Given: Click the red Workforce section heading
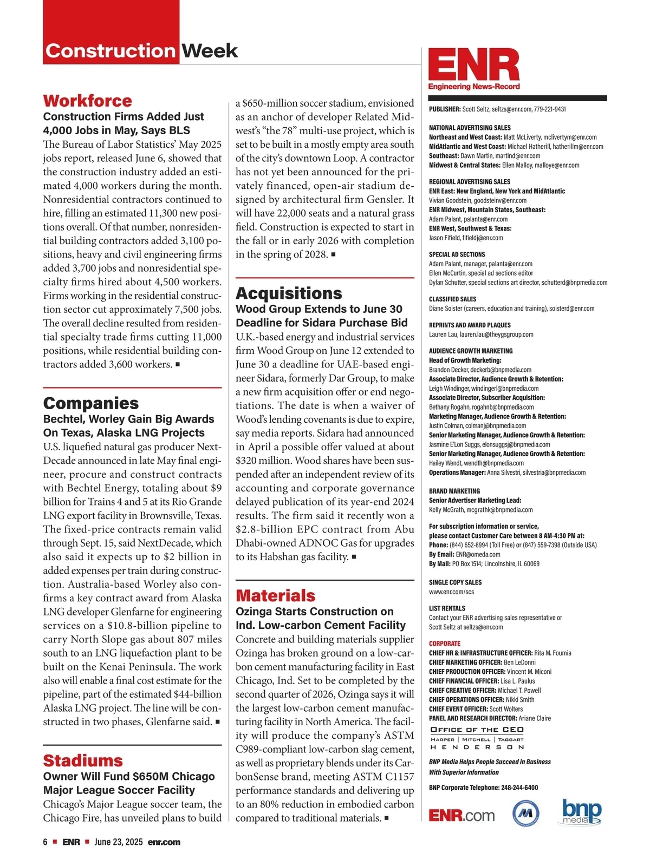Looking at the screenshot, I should click(x=87, y=101).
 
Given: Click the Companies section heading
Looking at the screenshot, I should click(x=90, y=403).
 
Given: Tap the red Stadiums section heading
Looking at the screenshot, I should click(x=83, y=760).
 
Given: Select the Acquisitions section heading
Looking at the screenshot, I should click(x=289, y=293).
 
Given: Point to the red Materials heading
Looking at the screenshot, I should click(x=275, y=596).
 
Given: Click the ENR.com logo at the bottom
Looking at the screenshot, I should click(x=461, y=815).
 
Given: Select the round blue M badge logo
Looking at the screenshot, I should click(x=525, y=813).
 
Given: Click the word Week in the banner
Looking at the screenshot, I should click(x=210, y=51).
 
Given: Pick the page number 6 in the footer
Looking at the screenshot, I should click(x=45, y=842).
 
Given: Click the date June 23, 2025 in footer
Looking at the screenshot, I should click(x=119, y=842).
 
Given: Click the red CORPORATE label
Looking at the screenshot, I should click(x=445, y=644).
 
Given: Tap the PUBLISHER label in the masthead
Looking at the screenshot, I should click(x=445, y=109).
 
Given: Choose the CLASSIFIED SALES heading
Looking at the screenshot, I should click(x=453, y=299).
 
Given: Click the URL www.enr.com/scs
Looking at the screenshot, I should click(x=451, y=592).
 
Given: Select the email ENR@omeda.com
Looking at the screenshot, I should click(x=478, y=554).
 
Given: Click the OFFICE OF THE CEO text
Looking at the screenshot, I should click(x=477, y=730).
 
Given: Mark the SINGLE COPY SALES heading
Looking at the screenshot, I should click(x=455, y=582).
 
